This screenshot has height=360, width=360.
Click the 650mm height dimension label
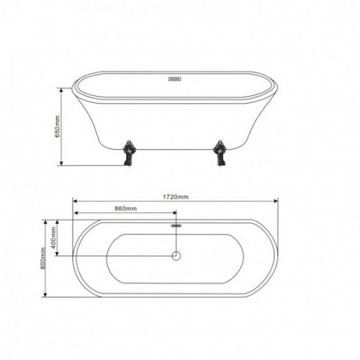[58, 127]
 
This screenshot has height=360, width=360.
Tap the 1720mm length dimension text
[176, 197]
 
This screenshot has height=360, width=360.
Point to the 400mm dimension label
[53, 238]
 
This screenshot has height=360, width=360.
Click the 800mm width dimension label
[43, 258]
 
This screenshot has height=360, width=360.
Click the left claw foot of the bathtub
[129, 153]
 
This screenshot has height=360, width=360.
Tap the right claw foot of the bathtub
[220, 153]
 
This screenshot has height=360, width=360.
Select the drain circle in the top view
[176, 256]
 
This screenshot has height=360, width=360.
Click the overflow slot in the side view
[175, 79]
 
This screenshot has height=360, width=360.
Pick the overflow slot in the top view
[176, 225]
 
